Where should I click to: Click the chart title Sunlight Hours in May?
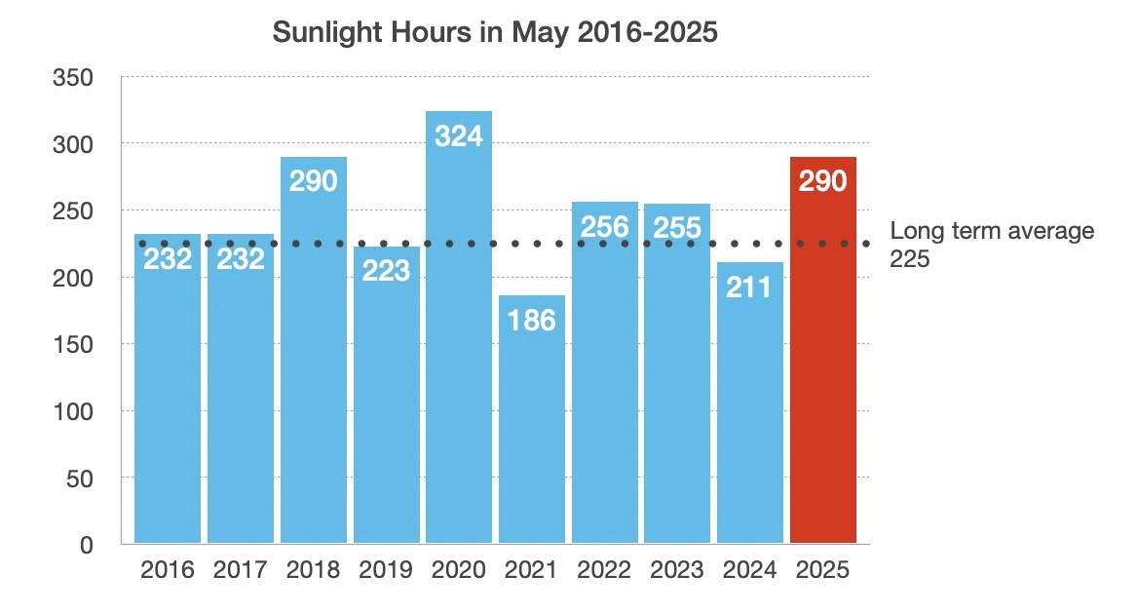pyautogui.click(x=495, y=33)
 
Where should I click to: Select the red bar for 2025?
pyautogui.click(x=823, y=370)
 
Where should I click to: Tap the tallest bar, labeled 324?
pyautogui.click(x=459, y=341)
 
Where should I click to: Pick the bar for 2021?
pyautogui.click(x=532, y=429)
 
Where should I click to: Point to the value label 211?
pyautogui.click(x=750, y=288)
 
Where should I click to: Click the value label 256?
pyautogui.click(x=605, y=227)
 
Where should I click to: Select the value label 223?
pyautogui.click(x=386, y=270)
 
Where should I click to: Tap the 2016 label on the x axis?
pyautogui.click(x=168, y=570)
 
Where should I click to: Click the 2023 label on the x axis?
pyautogui.click(x=677, y=570)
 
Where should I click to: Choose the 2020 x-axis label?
pyautogui.click(x=459, y=570)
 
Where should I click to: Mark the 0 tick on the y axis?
pyautogui.click(x=86, y=545)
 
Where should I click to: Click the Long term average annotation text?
pyautogui.click(x=992, y=232)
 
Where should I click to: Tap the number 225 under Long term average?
pyautogui.click(x=910, y=259)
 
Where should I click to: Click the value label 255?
pyautogui.click(x=677, y=228)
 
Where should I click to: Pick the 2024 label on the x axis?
pyautogui.click(x=750, y=570)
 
